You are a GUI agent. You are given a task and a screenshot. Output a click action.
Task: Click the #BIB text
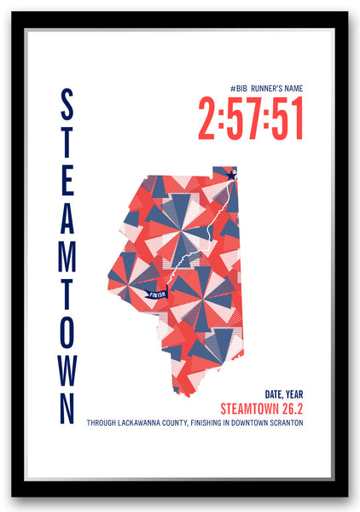click(x=239, y=89)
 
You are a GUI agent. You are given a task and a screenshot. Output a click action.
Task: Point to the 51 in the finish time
click(x=287, y=119)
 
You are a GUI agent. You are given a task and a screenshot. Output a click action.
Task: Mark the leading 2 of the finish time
click(x=208, y=119)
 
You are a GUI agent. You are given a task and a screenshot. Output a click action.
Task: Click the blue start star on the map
click(x=232, y=175)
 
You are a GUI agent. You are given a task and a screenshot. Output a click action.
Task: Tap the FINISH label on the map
click(x=157, y=295)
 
